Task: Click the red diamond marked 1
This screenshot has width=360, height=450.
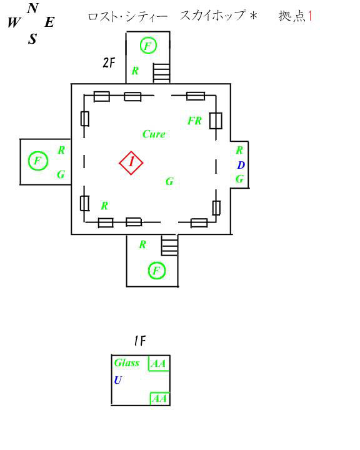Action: (x=131, y=162)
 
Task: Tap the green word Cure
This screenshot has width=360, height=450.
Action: (x=154, y=134)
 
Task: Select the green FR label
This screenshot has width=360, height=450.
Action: (x=194, y=121)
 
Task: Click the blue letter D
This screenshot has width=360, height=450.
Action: (x=241, y=165)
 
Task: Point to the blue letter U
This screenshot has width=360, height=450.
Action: (x=117, y=380)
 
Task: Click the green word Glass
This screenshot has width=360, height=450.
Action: (x=127, y=362)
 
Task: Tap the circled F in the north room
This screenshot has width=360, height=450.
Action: (x=148, y=46)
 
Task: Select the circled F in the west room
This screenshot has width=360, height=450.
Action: (x=38, y=161)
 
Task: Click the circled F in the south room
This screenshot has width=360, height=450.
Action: (x=157, y=271)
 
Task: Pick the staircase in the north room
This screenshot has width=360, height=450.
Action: (x=161, y=73)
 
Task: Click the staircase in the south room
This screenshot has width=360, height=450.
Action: (x=169, y=246)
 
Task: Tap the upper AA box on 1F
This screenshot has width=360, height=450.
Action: (x=159, y=363)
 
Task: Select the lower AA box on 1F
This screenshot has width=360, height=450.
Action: (x=160, y=398)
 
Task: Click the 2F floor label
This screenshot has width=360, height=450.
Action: (x=109, y=62)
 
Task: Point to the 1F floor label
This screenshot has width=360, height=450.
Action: (x=140, y=341)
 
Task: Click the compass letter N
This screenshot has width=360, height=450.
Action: (x=33, y=8)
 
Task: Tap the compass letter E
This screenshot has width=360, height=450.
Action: (x=49, y=22)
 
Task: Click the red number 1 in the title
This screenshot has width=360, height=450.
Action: (x=310, y=16)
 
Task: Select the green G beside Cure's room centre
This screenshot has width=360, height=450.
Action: (x=169, y=181)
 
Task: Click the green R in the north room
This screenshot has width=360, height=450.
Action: (x=135, y=71)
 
